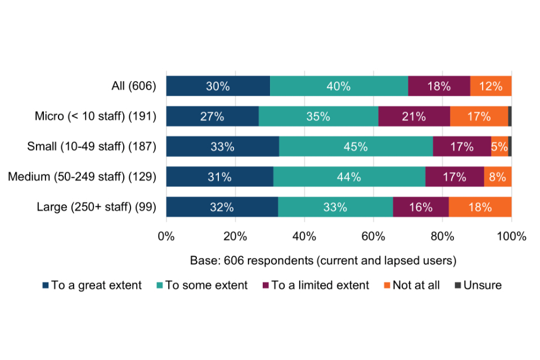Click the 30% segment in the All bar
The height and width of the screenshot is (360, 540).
pyautogui.click(x=218, y=86)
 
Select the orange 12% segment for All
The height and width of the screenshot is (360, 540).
pyautogui.click(x=490, y=86)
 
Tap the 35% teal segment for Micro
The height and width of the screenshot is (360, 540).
pyautogui.click(x=318, y=116)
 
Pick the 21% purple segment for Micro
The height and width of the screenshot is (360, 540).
pyautogui.click(x=414, y=116)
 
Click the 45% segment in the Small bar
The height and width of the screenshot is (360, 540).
pyautogui.click(x=356, y=146)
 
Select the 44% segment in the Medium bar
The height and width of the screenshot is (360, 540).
pyautogui.click(x=349, y=177)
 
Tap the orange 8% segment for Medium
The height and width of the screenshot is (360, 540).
pyautogui.click(x=498, y=177)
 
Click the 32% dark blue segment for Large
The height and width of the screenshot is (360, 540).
pyautogui.click(x=222, y=207)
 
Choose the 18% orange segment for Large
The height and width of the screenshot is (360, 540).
pyautogui.click(x=480, y=207)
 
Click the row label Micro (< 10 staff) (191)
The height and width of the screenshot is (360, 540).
pyautogui.click(x=95, y=116)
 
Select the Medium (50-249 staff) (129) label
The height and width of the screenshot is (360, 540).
pyautogui.click(x=82, y=177)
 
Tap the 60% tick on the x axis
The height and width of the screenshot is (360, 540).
pyautogui.click(x=373, y=236)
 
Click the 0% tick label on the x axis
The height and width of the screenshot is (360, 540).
pyautogui.click(x=166, y=236)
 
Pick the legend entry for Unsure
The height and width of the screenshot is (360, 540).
pyautogui.click(x=478, y=285)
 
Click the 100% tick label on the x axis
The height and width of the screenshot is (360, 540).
pyautogui.click(x=511, y=236)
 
